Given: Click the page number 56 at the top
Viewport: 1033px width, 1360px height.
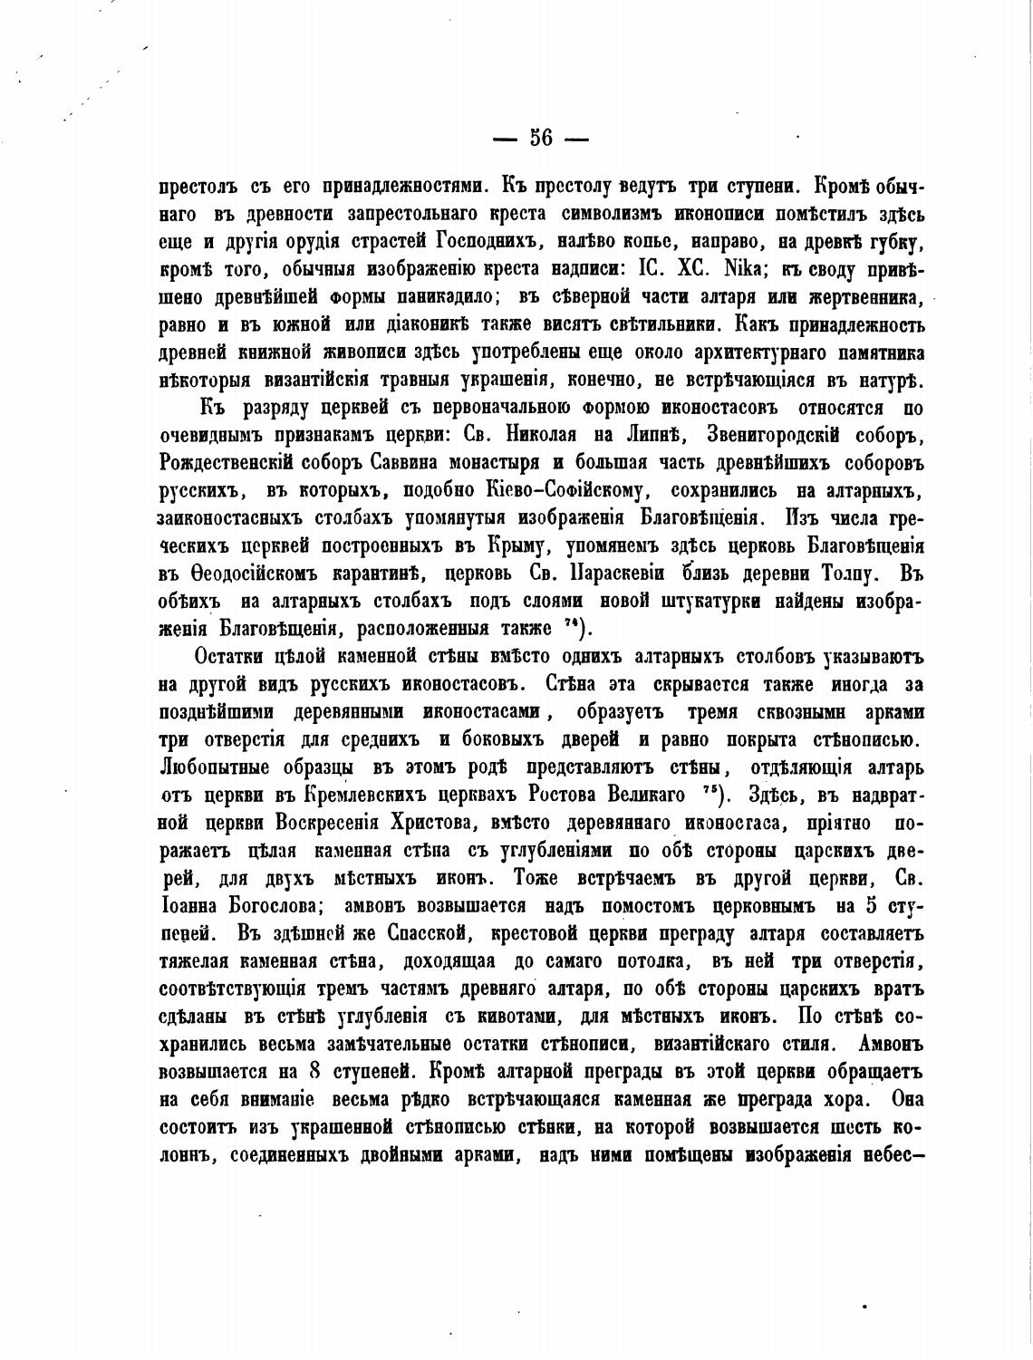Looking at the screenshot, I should [x=541, y=138].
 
